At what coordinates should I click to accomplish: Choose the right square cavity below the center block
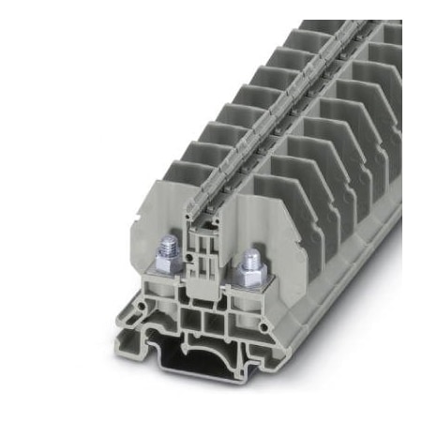[x=225, y=324]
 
